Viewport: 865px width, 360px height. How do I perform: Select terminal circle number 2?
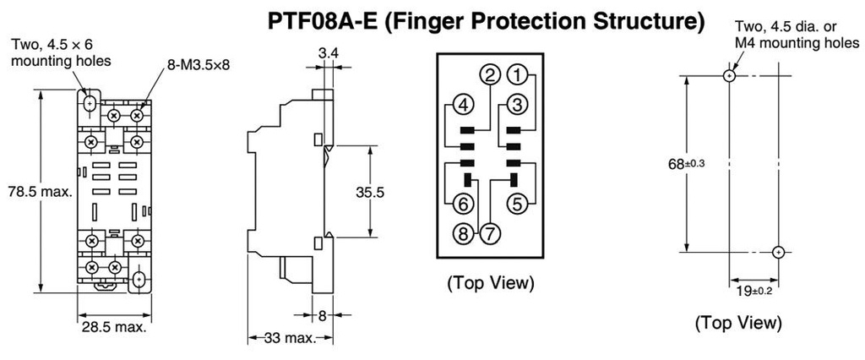[x=490, y=76]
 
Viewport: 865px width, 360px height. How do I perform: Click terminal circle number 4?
[x=461, y=105]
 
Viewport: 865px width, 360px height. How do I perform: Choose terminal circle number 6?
[x=462, y=204]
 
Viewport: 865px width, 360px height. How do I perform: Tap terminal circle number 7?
[x=489, y=231]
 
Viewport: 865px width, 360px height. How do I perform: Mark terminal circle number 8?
[x=463, y=231]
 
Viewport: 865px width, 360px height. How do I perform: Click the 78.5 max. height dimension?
[x=39, y=192]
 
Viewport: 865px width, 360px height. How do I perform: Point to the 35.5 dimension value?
[x=370, y=193]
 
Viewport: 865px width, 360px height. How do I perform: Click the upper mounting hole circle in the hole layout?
[x=730, y=75]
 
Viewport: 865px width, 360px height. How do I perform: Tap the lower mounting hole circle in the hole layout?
[x=778, y=251]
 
